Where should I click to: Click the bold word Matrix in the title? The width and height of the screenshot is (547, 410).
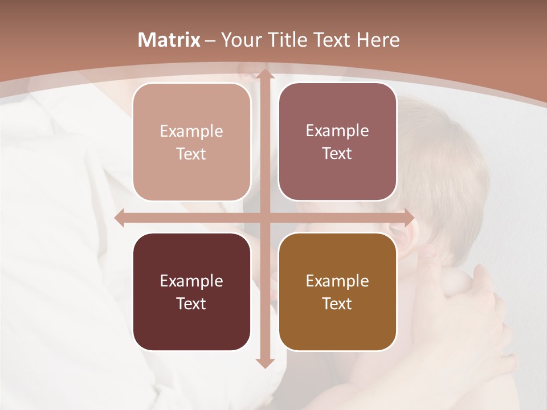click(169, 40)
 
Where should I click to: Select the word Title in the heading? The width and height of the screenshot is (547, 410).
click(290, 40)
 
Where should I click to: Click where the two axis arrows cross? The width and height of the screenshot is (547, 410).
click(264, 218)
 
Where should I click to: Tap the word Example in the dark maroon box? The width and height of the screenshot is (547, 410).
click(191, 281)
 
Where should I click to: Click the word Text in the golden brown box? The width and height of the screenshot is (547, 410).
click(337, 304)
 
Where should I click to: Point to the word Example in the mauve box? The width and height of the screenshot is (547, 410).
click(337, 130)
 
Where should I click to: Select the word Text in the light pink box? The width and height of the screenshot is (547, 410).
click(191, 154)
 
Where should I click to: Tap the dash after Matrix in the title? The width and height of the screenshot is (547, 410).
click(210, 40)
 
